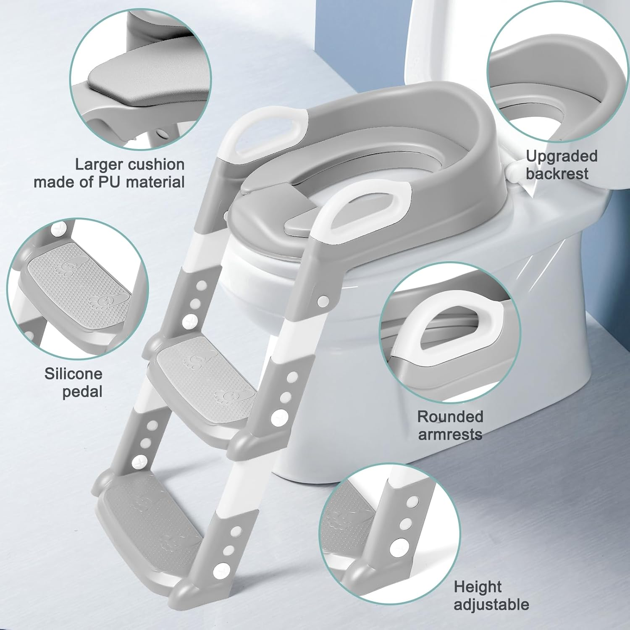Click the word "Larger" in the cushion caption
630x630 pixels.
(x=100, y=165)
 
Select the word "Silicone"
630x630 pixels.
(x=73, y=373)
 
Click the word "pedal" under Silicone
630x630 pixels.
(x=82, y=391)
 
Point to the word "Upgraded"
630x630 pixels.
(x=562, y=157)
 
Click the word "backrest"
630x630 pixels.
(x=557, y=173)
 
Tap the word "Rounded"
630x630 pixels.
(x=450, y=417)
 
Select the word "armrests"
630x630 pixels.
(x=450, y=434)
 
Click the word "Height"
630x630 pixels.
(x=478, y=587)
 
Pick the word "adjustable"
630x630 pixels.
(x=491, y=605)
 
